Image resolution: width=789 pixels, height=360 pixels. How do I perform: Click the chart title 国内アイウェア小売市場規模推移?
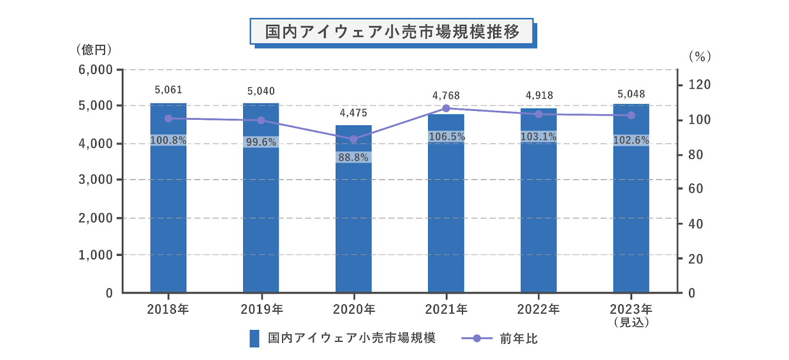pos(392,32)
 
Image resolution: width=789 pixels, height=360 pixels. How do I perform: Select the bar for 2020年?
pos(354,222)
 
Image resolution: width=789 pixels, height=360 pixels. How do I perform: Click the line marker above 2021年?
pos(446,108)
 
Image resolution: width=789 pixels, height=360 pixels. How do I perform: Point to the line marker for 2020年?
pos(354,139)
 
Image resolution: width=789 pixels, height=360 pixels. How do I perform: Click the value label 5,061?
pos(168,90)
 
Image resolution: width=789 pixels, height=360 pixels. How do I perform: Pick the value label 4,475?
pos(354,113)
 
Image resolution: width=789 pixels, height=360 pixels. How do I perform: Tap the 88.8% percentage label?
pos(354,157)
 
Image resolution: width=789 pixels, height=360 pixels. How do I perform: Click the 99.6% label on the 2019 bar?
pos(261,142)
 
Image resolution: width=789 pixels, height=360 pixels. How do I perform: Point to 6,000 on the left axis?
pos(96,70)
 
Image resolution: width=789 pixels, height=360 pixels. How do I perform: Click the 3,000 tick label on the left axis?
pos(96,180)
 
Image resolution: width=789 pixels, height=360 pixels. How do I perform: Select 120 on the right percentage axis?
pos(699,84)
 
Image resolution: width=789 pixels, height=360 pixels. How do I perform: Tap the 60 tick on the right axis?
pos(695,188)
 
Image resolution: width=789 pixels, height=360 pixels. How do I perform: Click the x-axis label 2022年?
pos(538,309)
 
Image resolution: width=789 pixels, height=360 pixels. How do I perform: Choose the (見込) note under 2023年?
pos(631,323)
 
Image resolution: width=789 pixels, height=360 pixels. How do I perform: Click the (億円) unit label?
pos(94,50)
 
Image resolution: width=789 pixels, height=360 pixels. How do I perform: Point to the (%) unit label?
pos(700,56)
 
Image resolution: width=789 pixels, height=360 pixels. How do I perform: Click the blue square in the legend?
pos(254,338)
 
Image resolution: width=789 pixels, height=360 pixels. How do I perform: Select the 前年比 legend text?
pos(518,338)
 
